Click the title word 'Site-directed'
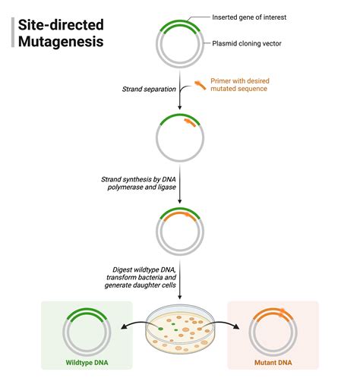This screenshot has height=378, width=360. coord(61,24)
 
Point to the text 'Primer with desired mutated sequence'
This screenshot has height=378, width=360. coord(240,85)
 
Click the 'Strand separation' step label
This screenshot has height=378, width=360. coord(148,90)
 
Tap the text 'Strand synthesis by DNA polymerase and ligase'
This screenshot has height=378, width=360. coord(141,183)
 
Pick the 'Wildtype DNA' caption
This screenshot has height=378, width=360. coord(86,363)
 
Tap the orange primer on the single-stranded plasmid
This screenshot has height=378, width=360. coord(189,121)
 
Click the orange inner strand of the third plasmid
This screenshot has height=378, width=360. coord(180,216)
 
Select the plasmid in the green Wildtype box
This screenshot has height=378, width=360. coord(86,330)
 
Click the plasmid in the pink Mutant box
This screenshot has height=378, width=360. coord(273,330)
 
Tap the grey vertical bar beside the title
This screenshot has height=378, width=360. coord(14,33)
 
